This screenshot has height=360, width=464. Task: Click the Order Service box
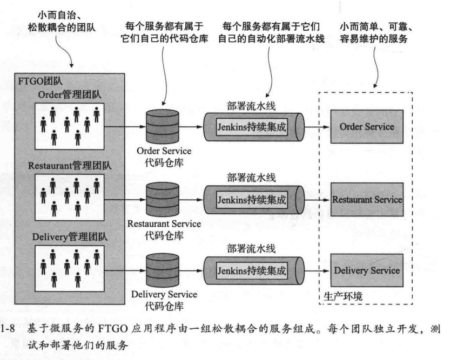tap(367, 127)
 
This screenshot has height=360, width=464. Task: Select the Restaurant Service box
tap(367, 199)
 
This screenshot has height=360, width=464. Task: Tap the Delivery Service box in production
tap(367, 270)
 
